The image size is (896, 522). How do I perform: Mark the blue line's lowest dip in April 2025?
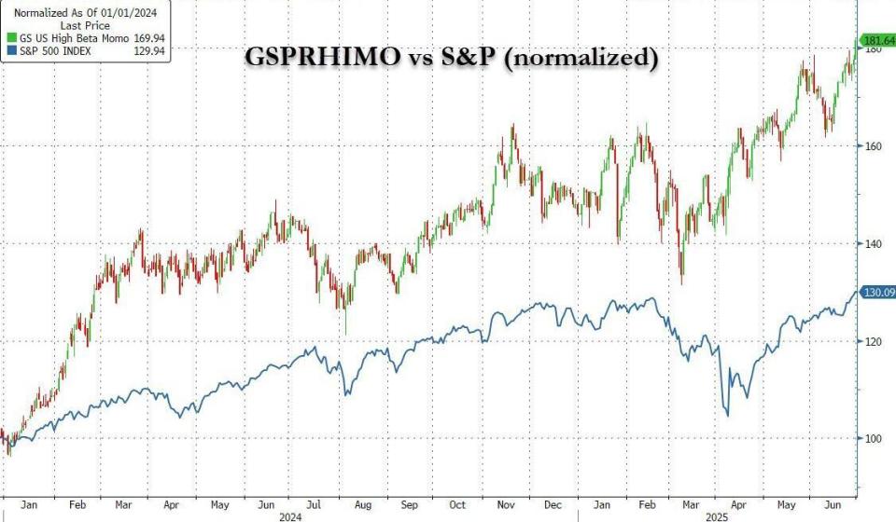click(x=727, y=416)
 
